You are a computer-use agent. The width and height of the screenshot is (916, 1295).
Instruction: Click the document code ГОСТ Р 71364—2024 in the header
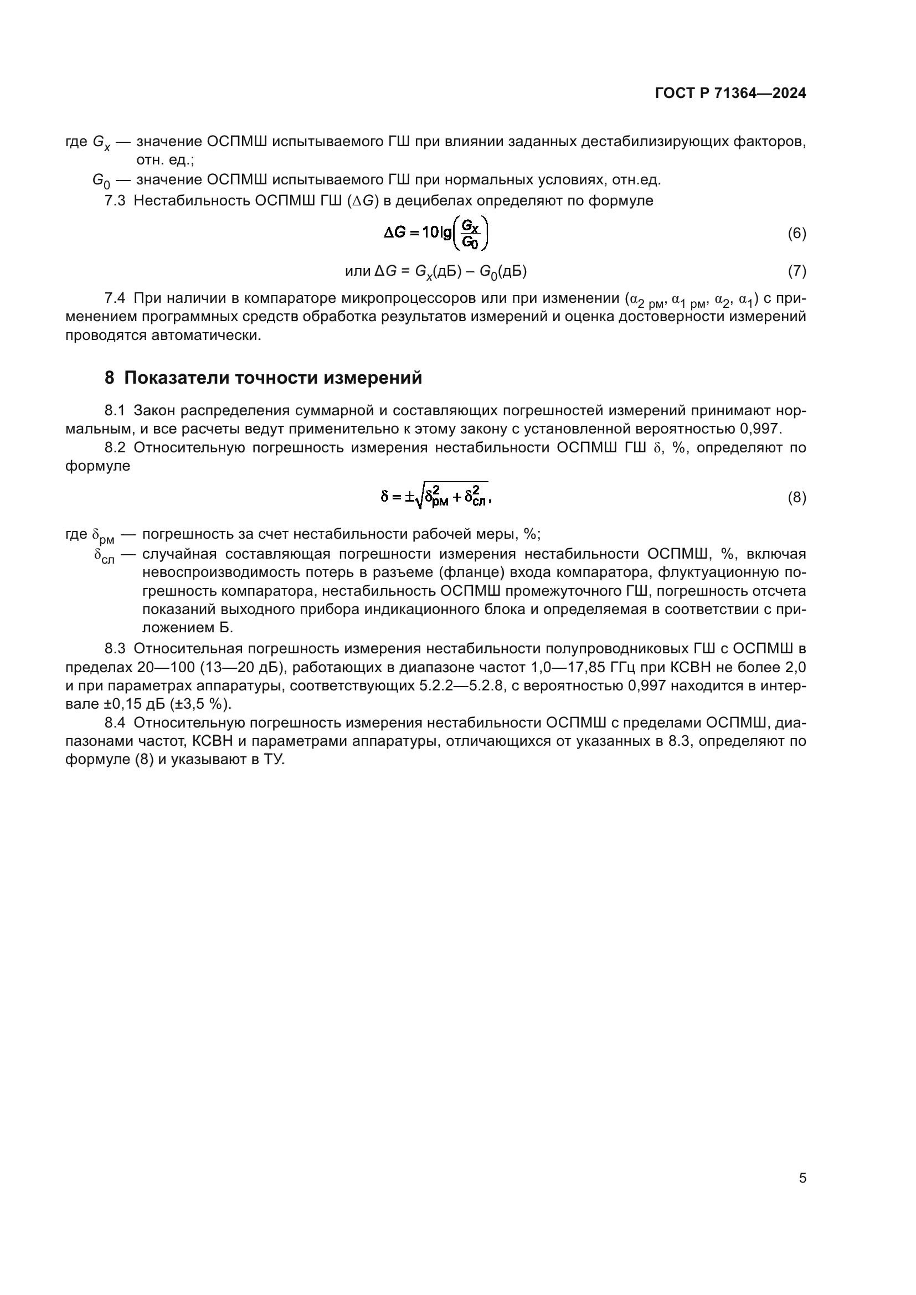[x=730, y=94]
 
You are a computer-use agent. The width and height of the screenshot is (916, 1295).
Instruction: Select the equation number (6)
[x=796, y=234]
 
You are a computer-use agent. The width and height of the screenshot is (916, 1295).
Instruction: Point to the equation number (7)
[x=796, y=271]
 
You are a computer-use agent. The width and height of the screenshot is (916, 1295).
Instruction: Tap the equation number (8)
[x=796, y=498]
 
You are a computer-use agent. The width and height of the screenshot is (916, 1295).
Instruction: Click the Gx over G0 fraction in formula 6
[x=470, y=234]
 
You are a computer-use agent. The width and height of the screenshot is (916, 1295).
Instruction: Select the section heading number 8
[x=110, y=378]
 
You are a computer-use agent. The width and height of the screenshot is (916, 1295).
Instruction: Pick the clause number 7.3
[x=115, y=201]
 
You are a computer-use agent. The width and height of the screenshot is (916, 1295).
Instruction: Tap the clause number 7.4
[x=115, y=298]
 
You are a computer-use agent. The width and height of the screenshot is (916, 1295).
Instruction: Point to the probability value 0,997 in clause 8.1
[x=759, y=429]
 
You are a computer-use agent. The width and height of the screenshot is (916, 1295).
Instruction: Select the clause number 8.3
[x=115, y=649]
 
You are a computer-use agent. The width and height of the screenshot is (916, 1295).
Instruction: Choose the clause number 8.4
[x=115, y=723]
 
